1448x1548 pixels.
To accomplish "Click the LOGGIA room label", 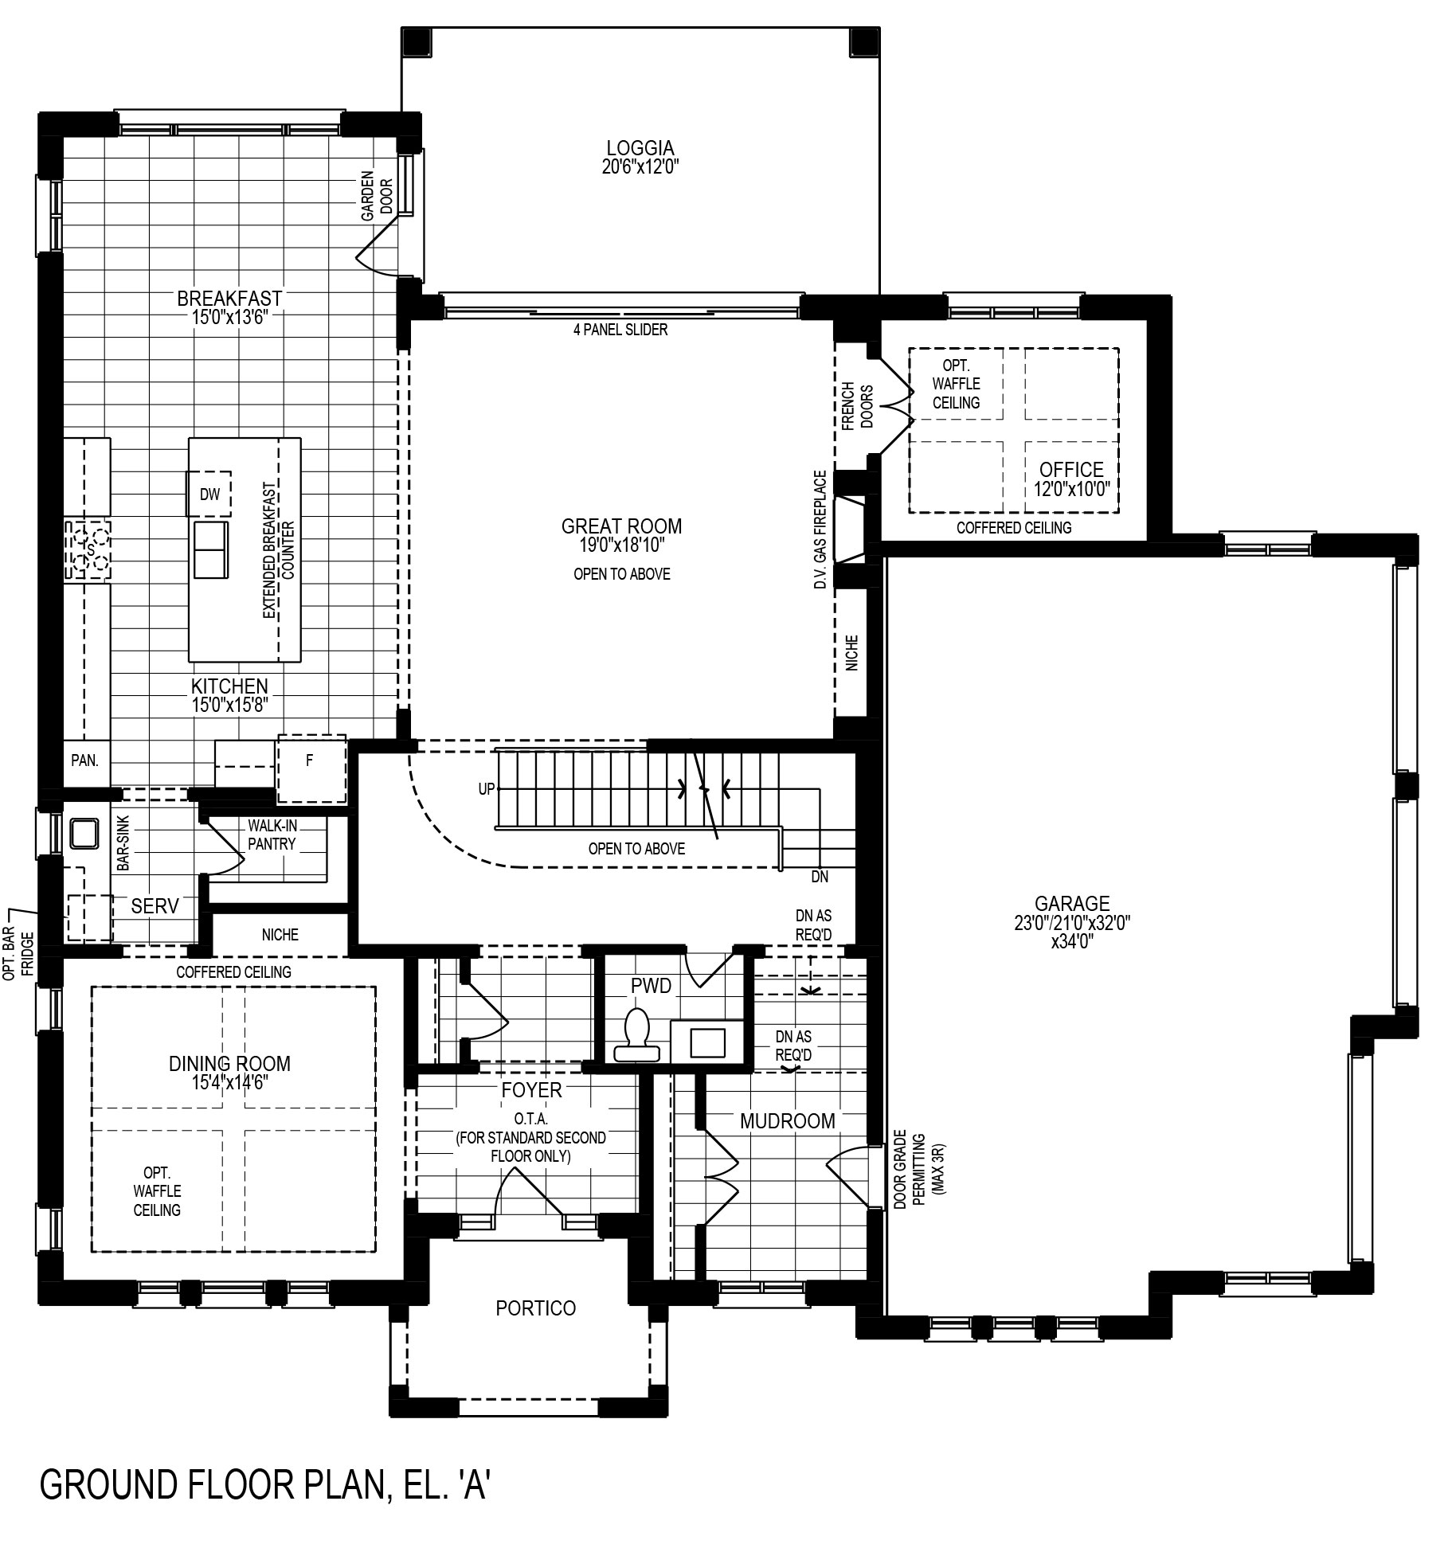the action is point(640,148).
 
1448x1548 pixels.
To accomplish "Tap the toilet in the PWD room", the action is point(637,1036).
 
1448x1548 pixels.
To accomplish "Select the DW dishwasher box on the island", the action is point(209,494).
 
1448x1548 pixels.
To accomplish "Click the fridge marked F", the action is point(311,769).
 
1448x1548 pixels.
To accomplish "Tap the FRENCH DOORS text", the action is point(857,406).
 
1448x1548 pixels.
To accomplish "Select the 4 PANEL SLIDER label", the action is point(620,330).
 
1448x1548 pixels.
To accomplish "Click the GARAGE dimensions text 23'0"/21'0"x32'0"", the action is point(1071,923).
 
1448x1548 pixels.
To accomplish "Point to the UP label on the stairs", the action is point(486,789).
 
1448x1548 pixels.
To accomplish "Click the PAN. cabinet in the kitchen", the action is point(85,760).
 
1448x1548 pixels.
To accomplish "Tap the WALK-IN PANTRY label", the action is point(272,835).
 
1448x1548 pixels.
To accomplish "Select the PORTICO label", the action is point(535,1308).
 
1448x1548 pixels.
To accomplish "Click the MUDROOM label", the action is point(788,1121).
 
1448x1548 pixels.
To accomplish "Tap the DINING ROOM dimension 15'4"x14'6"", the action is point(229,1083).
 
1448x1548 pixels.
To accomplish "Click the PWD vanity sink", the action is point(707,1042).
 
